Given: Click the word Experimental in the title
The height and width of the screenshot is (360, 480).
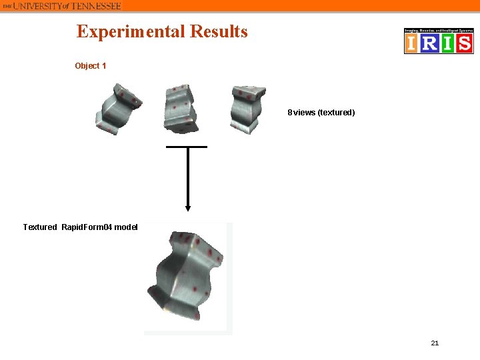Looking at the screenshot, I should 131,31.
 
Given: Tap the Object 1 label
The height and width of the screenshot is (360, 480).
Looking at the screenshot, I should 90,66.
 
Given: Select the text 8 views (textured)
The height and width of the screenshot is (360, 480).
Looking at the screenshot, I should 321,113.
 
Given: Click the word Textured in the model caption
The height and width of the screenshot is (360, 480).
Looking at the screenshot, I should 40,227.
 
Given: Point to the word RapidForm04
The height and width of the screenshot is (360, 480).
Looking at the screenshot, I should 86,227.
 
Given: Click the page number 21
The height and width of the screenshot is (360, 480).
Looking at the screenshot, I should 435,343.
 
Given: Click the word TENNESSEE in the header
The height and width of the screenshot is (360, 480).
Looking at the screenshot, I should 96,5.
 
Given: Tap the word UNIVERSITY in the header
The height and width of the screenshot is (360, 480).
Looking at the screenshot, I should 40,5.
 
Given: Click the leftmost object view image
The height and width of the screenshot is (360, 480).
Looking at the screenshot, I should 117,108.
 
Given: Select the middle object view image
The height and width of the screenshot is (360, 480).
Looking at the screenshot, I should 179,107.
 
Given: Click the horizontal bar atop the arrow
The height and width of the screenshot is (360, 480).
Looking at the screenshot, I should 187,146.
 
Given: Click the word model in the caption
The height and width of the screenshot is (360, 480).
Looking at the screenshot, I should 125,227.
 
